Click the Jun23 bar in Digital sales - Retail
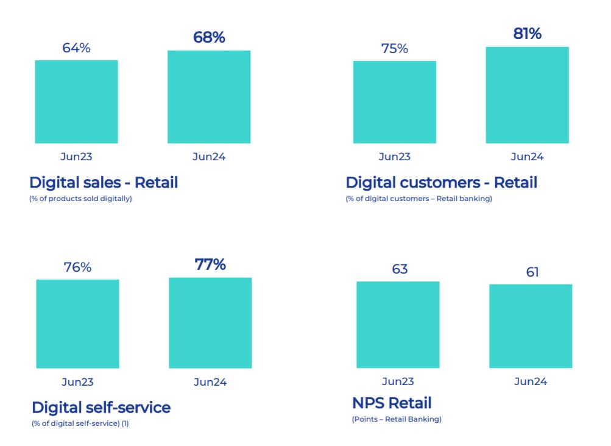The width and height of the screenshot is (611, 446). point(76,102)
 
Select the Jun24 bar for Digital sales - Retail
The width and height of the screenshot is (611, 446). point(209,97)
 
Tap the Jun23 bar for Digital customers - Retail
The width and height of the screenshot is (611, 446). point(395,102)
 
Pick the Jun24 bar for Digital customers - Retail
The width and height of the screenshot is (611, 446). point(527,95)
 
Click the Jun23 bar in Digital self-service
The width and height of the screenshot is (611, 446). point(77,324)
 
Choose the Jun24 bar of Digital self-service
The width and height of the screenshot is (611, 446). point(210,323)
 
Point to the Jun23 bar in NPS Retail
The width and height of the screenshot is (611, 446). point(398,325)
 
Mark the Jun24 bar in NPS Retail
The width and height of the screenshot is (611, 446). point(531,326)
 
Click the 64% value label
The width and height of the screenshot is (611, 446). point(76,48)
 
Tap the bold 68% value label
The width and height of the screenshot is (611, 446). point(209,37)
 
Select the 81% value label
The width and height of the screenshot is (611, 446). point(527,34)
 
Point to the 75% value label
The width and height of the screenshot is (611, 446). point(395,49)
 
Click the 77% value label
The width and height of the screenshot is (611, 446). point(210,264)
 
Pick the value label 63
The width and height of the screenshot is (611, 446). point(400,269)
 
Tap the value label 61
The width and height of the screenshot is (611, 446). point(532,272)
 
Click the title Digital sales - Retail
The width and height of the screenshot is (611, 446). point(104,182)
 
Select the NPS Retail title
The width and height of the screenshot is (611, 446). point(392,403)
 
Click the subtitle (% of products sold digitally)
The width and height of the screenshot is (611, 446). point(80,199)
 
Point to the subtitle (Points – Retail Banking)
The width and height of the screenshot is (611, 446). point(397,419)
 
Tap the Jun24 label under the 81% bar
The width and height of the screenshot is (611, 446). point(527,157)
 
